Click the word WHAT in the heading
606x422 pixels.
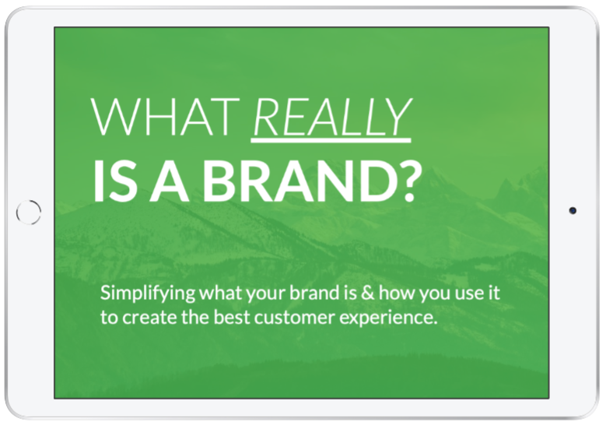tap(165, 117)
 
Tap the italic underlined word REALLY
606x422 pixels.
tap(332, 117)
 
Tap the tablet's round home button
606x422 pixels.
tap(29, 212)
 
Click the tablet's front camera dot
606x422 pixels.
tap(573, 210)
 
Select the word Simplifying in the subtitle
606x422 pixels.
tap(148, 294)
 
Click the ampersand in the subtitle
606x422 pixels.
tap(367, 293)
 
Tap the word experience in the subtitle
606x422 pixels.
tap(388, 319)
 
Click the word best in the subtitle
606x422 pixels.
tap(232, 317)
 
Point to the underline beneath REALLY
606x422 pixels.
tap(331, 140)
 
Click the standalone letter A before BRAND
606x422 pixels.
tap(170, 181)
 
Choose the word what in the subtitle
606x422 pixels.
tap(221, 293)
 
